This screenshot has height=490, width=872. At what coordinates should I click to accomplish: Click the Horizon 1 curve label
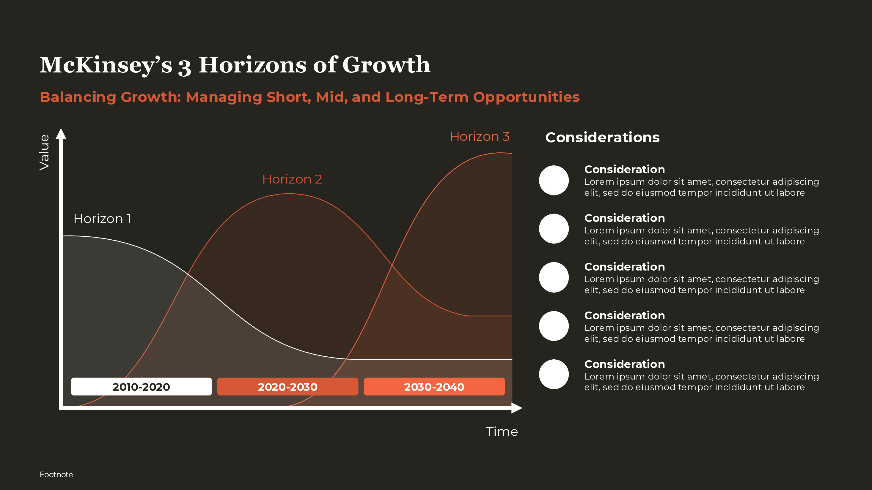(102, 219)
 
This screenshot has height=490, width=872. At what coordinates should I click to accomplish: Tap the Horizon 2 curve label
(292, 179)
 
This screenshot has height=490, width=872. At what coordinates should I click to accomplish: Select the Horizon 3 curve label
(479, 137)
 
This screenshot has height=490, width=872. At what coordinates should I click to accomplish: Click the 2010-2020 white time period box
(141, 387)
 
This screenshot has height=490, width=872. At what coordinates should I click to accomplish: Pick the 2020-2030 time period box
(287, 387)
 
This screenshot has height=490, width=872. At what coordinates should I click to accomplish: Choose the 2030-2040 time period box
(434, 387)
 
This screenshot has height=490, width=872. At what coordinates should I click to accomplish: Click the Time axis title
(502, 431)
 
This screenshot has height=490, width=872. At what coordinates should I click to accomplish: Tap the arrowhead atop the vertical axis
(61, 134)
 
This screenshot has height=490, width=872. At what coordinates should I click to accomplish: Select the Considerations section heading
(602, 137)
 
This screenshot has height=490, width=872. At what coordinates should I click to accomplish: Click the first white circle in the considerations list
(554, 180)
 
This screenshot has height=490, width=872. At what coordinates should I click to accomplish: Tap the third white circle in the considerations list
(554, 277)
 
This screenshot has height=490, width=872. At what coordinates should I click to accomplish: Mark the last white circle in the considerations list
(554, 374)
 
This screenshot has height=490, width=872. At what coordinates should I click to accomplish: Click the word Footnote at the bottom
(56, 475)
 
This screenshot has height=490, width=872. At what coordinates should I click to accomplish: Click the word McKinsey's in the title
(106, 65)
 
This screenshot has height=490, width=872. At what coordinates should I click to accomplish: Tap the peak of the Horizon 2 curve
(289, 194)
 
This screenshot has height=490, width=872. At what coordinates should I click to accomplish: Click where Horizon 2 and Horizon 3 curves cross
(392, 265)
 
